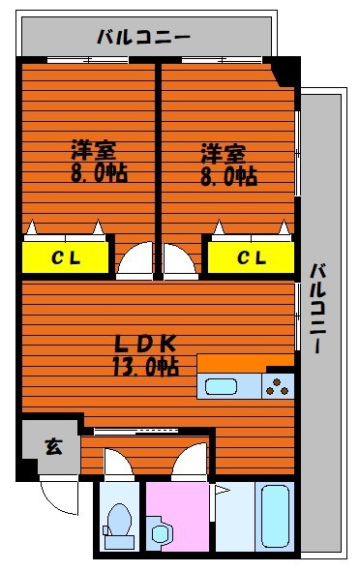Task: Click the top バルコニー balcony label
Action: [x=143, y=37]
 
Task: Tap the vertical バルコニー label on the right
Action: [x=317, y=308]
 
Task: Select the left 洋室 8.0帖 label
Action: [x=99, y=161]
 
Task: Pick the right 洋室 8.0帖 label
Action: [x=228, y=165]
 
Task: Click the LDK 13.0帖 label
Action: [x=145, y=355]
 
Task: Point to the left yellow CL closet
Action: [x=66, y=257]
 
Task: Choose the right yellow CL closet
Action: [x=251, y=257]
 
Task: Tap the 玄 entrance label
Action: [x=53, y=446]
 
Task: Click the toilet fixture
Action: [x=119, y=526]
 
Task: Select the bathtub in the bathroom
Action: [x=275, y=516]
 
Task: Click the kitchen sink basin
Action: [x=221, y=387]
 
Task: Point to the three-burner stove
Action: [x=278, y=387]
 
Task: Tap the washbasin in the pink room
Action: [x=160, y=533]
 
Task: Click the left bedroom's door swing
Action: [x=135, y=259]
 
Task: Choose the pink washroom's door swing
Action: [x=189, y=461]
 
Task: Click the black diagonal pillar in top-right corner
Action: [x=285, y=72]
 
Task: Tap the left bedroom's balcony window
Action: [x=87, y=60]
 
